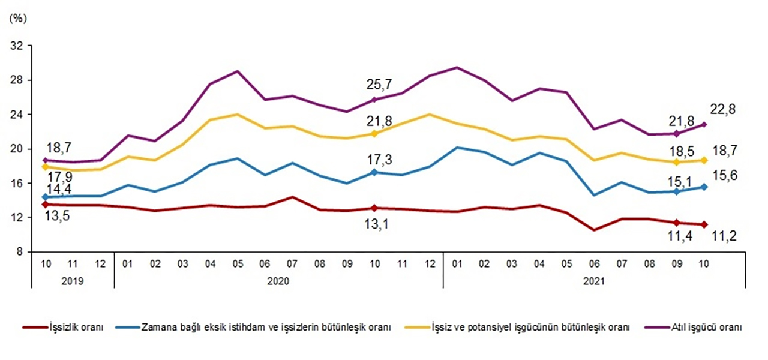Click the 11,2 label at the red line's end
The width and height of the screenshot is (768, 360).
(722, 236)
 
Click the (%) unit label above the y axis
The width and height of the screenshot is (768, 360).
(19, 18)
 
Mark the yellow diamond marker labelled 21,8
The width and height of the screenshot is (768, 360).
(374, 133)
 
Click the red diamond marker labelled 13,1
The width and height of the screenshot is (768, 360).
(374, 208)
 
